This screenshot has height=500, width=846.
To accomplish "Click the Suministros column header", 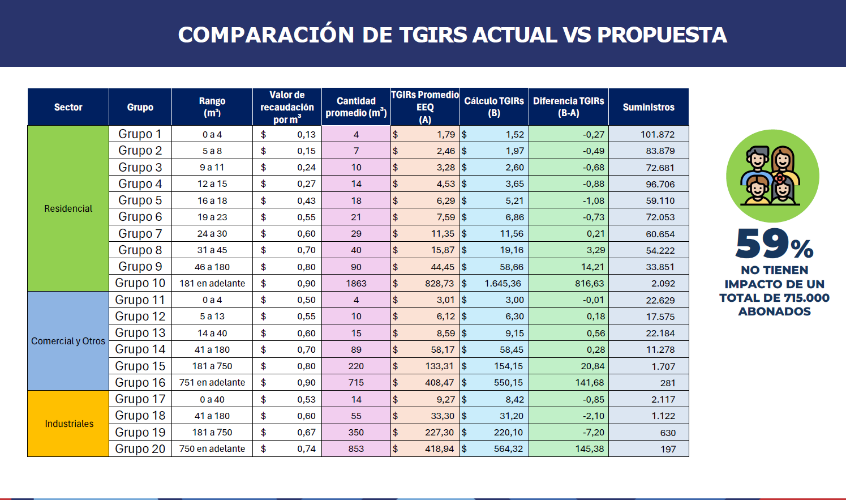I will point(649,107).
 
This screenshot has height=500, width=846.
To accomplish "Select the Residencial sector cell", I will point(68,208).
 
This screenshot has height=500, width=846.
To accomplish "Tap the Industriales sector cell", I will point(69,424).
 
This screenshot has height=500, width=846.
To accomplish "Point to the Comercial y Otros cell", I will point(68,341).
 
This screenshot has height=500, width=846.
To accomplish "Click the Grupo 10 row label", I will point(140,283).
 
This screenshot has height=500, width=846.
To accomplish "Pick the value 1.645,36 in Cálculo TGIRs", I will point(503,283).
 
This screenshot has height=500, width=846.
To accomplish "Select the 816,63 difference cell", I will point(589,283).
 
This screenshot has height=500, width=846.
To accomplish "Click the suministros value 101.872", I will point(658,134).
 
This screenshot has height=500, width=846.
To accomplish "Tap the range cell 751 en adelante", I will point(212,383).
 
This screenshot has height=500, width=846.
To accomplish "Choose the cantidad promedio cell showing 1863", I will point(356,283).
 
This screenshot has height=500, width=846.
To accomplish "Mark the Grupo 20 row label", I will point(140,449).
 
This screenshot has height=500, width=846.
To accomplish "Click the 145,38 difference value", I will point(589,449).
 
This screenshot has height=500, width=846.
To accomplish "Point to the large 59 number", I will point(762,243).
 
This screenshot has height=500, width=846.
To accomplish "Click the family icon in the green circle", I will point(772,176).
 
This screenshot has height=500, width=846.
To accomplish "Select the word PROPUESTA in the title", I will point(662,35).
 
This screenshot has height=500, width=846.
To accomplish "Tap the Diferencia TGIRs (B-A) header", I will point(568,107).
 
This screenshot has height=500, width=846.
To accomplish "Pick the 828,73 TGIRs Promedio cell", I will point(439,283).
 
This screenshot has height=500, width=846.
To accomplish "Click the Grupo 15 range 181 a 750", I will point(212,366).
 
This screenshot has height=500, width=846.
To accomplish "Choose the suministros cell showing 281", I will point(668,383).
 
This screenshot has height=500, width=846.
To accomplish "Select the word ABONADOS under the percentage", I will point(774,311).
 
